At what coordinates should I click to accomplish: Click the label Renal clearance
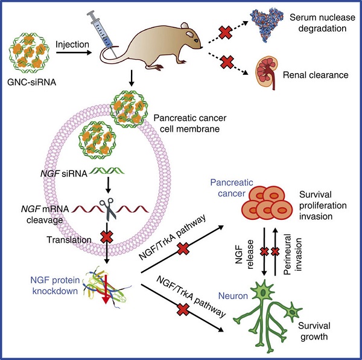(325, 76)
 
